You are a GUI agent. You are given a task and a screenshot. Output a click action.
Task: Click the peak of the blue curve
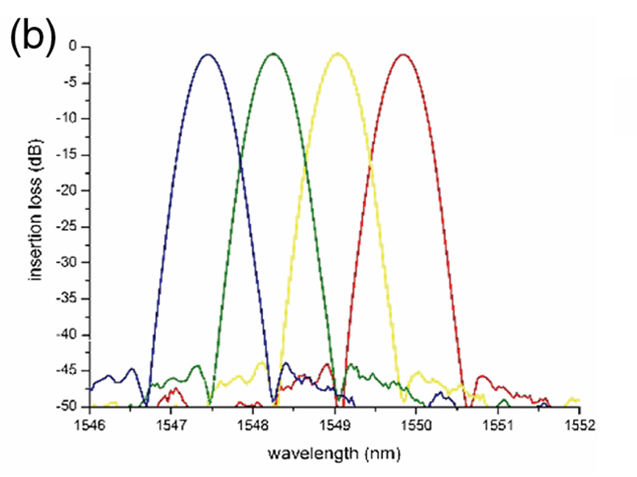pos(208,54)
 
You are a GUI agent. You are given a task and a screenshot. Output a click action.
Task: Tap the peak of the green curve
pos(274,54)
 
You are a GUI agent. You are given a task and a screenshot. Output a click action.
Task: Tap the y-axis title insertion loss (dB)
pos(35,226)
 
